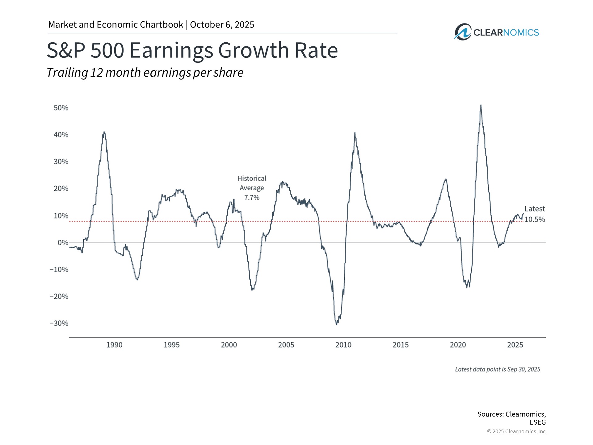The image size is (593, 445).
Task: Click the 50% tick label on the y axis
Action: [x=61, y=108]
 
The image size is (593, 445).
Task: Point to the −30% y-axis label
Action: [x=59, y=323]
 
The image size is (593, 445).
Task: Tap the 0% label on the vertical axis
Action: [x=63, y=243]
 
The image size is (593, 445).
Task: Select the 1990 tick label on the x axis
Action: [x=114, y=345]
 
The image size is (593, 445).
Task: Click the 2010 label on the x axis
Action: [x=343, y=345]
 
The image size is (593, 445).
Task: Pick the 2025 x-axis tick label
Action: [x=515, y=345]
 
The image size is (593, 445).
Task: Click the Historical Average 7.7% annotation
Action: [x=252, y=188]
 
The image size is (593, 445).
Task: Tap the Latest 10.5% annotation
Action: [x=535, y=214]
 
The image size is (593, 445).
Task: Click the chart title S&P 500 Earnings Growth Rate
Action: [x=192, y=50]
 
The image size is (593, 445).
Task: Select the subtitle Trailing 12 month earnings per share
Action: [x=145, y=73]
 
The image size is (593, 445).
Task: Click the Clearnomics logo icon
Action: [x=462, y=32]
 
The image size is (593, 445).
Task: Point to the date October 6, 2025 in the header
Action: [x=222, y=25]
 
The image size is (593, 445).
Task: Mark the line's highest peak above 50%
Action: [x=481, y=105]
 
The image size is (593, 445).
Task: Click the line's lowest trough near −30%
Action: [x=336, y=324]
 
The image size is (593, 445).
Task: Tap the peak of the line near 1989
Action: [x=104, y=132]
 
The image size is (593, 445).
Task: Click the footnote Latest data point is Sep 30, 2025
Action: [x=497, y=369]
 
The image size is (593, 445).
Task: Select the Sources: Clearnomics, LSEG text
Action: [x=511, y=418]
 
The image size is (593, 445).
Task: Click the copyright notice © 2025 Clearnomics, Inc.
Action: [x=517, y=431]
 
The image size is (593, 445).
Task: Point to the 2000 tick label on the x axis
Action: [x=229, y=345]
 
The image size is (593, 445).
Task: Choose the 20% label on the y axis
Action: [x=61, y=189]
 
